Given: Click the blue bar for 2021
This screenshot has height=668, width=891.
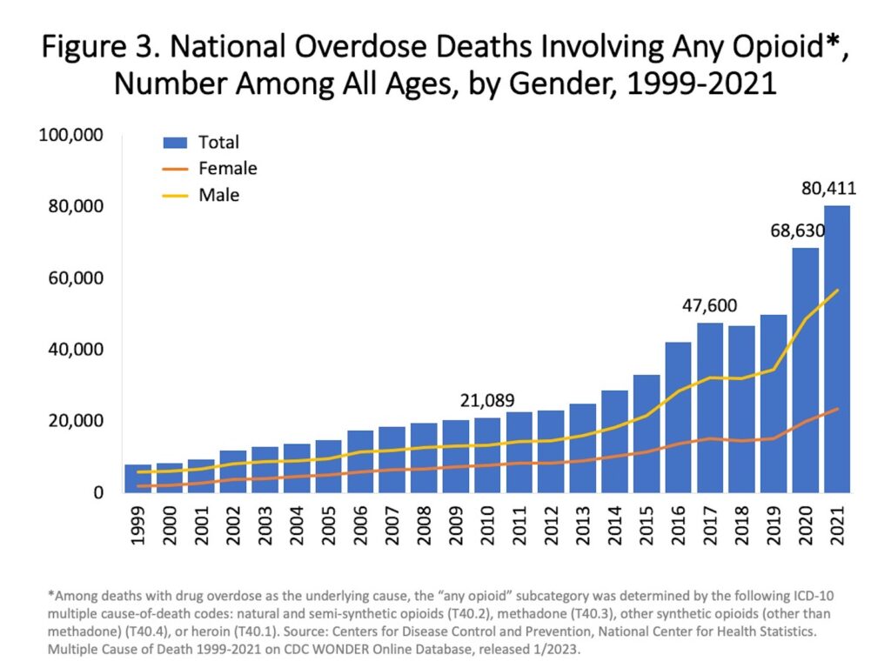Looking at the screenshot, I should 836,348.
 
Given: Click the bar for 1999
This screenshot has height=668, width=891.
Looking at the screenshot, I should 137,478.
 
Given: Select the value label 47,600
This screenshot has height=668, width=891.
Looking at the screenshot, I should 708,305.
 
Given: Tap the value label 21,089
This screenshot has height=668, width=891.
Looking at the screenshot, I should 486,400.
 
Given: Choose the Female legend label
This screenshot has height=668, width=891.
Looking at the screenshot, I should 228,168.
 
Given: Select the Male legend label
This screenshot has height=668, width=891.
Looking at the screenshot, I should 219,195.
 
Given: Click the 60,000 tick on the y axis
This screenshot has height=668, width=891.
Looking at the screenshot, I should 77,278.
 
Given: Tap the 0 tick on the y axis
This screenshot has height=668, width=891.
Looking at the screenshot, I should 99,492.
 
